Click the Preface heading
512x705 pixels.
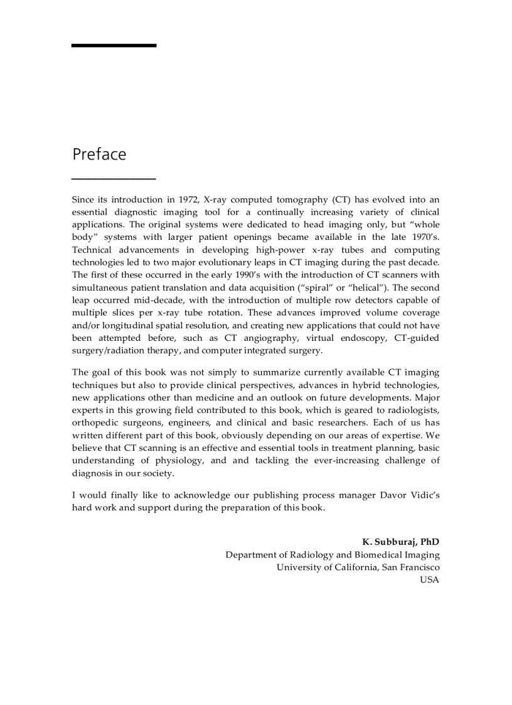(x=99, y=154)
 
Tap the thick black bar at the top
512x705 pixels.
(x=114, y=46)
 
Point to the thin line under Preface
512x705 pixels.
(x=114, y=179)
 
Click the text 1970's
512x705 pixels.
(x=423, y=237)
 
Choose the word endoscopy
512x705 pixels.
(x=361, y=338)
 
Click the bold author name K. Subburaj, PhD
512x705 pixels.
(x=401, y=541)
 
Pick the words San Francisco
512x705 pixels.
(x=411, y=567)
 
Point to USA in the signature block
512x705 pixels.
(x=430, y=579)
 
